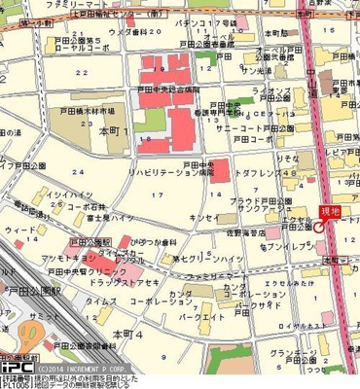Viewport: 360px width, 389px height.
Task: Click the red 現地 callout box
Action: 330,211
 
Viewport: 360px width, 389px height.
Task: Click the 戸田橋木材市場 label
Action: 88,112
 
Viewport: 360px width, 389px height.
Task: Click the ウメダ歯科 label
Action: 127,32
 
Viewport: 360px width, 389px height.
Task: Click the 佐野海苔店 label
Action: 242,233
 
